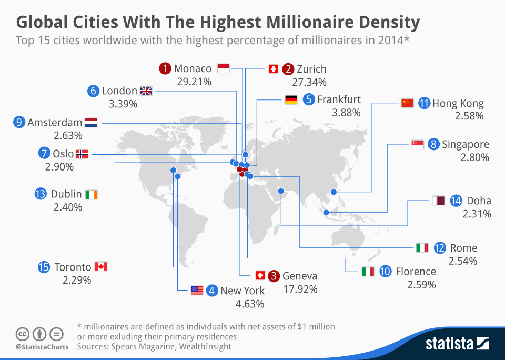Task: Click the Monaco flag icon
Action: (x=223, y=69)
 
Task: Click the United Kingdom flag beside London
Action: (x=146, y=91)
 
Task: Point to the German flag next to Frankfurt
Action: (x=291, y=99)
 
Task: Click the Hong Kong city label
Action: (x=458, y=104)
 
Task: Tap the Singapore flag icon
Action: (x=417, y=144)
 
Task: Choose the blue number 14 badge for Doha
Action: (x=456, y=201)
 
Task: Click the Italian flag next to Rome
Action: (x=422, y=247)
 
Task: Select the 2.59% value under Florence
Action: (x=421, y=285)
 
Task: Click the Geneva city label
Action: (x=300, y=276)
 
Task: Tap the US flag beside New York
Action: (x=197, y=290)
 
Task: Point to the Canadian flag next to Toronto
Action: (x=101, y=267)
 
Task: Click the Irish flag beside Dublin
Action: (x=92, y=194)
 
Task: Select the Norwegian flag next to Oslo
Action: (x=82, y=154)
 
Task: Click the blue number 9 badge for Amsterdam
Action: (x=19, y=123)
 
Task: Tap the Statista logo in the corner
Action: (x=457, y=344)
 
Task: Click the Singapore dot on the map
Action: (x=326, y=213)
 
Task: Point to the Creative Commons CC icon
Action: (x=22, y=334)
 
